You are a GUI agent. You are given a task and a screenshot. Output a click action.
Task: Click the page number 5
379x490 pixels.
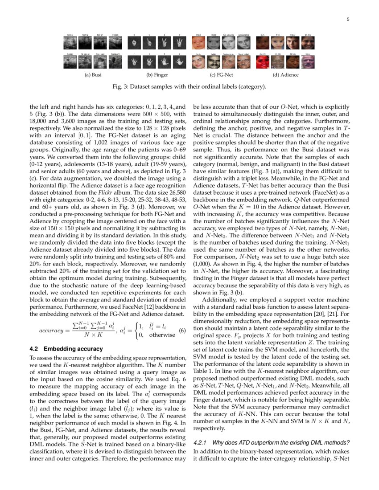(x=347, y=20)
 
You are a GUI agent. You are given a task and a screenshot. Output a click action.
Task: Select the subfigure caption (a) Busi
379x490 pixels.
(x=93, y=75)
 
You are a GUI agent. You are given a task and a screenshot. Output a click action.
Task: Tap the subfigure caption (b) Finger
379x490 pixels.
(x=157, y=75)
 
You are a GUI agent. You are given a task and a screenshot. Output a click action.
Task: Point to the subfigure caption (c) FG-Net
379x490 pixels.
(x=221, y=75)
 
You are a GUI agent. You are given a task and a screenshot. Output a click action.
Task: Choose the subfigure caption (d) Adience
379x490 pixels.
(x=285, y=75)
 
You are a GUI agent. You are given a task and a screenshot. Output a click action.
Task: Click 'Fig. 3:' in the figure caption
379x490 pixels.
(x=120, y=86)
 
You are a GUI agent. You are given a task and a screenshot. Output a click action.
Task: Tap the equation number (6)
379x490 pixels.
(x=181, y=331)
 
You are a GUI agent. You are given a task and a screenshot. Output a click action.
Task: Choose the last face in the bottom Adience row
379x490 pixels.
(x=307, y=62)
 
